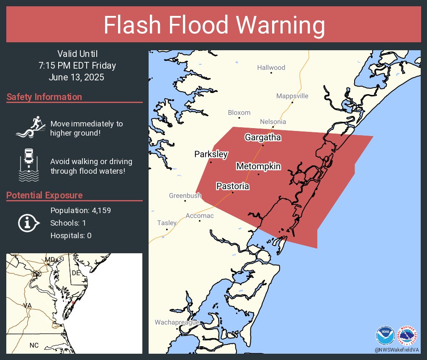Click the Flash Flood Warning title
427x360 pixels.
click(213, 26)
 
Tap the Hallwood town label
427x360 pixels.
click(271, 67)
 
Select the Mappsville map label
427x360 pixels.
click(292, 96)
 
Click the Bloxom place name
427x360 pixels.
click(239, 113)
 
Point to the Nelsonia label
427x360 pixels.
click(273, 122)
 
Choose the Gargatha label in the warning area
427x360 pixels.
click(262, 137)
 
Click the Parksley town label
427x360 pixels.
click(211, 154)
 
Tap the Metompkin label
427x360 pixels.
click(258, 167)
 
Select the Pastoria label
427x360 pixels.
click(232, 186)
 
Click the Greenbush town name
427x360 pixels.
click(185, 195)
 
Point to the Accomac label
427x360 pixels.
click(199, 216)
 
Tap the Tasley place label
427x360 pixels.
click(167, 223)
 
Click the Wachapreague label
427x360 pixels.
click(177, 322)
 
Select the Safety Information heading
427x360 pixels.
click(44, 97)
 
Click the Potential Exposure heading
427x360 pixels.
click(44, 195)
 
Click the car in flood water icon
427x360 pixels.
click(29, 165)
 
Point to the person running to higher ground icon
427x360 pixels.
click(29, 127)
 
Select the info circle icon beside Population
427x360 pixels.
click(28, 223)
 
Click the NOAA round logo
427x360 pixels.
click(385, 335)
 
